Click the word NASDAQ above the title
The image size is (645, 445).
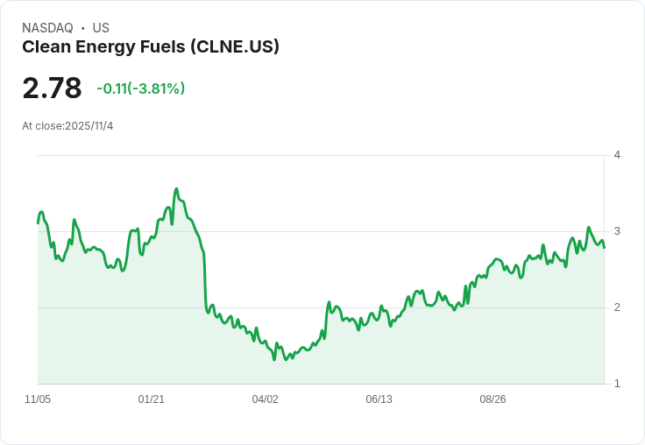click(x=47, y=28)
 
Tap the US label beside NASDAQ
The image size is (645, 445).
click(x=101, y=28)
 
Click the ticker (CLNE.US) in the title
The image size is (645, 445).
click(x=235, y=47)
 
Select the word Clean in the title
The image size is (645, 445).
click(x=46, y=47)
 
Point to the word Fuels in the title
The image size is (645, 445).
click(x=163, y=47)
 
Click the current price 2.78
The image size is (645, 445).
click(x=53, y=88)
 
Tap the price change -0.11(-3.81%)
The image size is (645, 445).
click(x=141, y=88)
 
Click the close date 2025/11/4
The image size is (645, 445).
click(x=89, y=126)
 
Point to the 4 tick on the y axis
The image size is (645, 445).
click(x=617, y=155)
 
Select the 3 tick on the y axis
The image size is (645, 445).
click(x=617, y=231)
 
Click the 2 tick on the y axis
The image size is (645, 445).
click(x=617, y=307)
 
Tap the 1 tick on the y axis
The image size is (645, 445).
click(x=617, y=384)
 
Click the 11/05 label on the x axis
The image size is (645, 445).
click(x=38, y=399)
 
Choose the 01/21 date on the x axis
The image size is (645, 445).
click(x=152, y=399)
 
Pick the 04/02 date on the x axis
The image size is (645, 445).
click(x=266, y=399)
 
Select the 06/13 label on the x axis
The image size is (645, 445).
click(x=379, y=399)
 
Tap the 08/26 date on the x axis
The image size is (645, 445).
click(x=493, y=399)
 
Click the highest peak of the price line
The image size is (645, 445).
click(x=176, y=189)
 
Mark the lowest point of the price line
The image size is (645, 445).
click(x=274, y=360)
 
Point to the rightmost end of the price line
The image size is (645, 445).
click(x=605, y=248)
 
